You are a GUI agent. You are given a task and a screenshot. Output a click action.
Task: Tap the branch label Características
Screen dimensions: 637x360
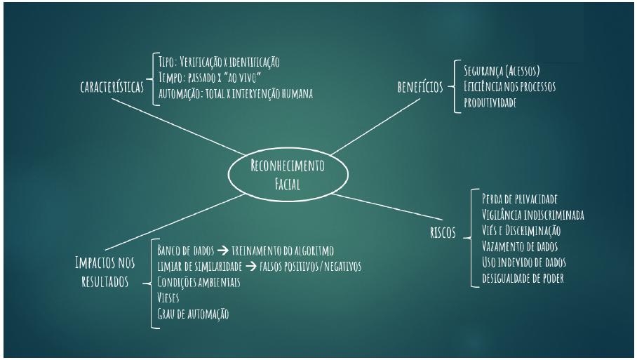click(x=111, y=88)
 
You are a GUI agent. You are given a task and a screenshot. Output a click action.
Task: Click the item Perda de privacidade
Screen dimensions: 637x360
click(x=520, y=199)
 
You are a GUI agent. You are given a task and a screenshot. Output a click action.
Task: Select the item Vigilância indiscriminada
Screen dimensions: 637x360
click(x=533, y=215)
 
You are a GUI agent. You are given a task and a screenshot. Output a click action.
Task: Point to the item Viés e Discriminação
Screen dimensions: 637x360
click(x=521, y=230)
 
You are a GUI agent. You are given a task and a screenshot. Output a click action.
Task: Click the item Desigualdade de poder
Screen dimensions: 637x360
click(x=523, y=278)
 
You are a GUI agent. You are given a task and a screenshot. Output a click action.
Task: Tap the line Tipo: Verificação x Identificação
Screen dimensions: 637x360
click(x=220, y=62)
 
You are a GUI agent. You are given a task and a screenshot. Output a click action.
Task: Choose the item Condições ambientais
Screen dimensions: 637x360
click(x=199, y=282)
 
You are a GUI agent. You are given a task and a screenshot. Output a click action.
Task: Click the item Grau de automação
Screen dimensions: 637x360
click(x=193, y=314)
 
